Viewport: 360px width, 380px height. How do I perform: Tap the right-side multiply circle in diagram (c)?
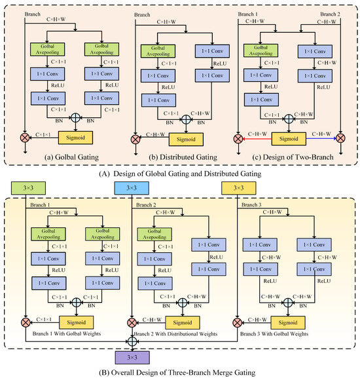341,140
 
